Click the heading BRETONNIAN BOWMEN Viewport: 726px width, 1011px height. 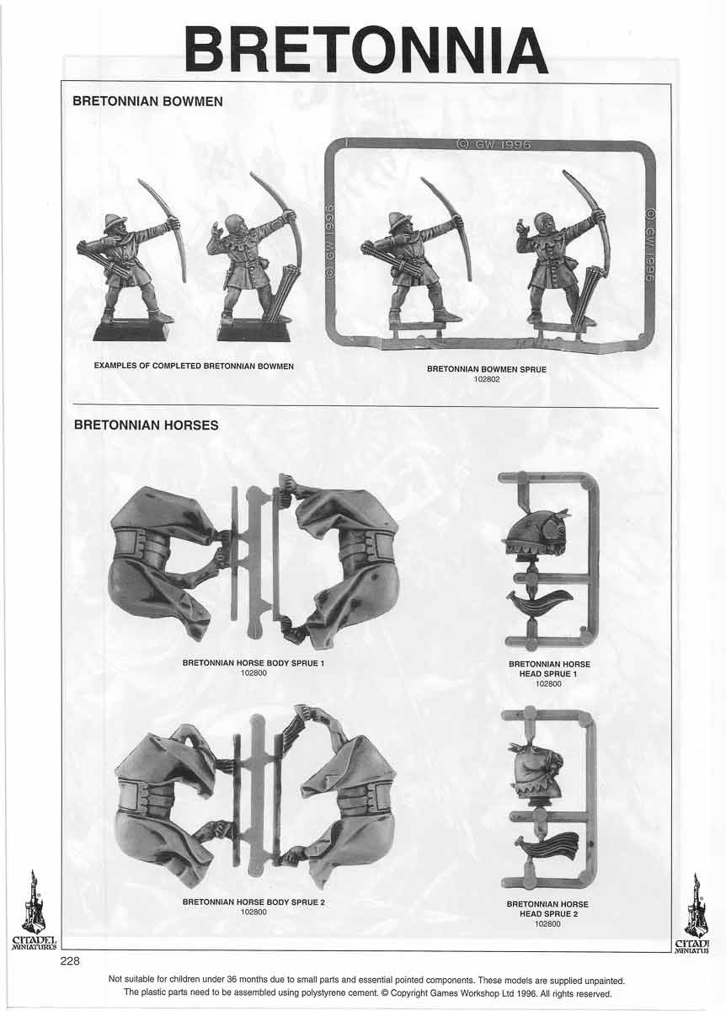148,101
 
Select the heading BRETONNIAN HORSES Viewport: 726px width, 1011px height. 146,425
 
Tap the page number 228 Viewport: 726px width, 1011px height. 69,962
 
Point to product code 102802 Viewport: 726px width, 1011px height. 486,380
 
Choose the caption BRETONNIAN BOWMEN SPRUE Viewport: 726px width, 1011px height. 486,369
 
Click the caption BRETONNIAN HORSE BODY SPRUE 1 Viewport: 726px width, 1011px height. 254,663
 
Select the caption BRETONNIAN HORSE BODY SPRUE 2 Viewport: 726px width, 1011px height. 254,902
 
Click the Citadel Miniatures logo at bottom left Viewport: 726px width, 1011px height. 34,914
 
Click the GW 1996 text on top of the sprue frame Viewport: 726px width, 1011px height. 493,145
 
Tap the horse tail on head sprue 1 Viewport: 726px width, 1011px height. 540,602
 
